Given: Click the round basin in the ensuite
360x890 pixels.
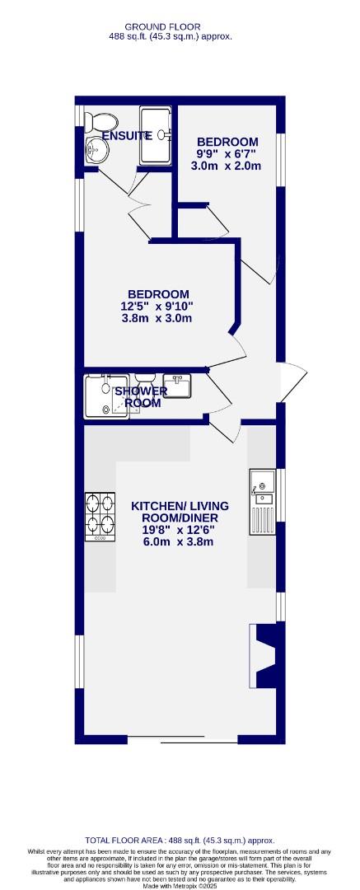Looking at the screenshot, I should point(98,149).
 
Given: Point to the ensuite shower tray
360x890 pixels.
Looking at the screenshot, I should point(155,135).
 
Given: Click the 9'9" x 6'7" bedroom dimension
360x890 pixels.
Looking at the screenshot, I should point(227,154).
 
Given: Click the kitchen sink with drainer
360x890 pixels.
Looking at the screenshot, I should point(263,502).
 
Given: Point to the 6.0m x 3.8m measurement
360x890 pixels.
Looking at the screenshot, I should point(179,541).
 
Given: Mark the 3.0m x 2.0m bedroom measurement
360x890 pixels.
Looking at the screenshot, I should point(226,166).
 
